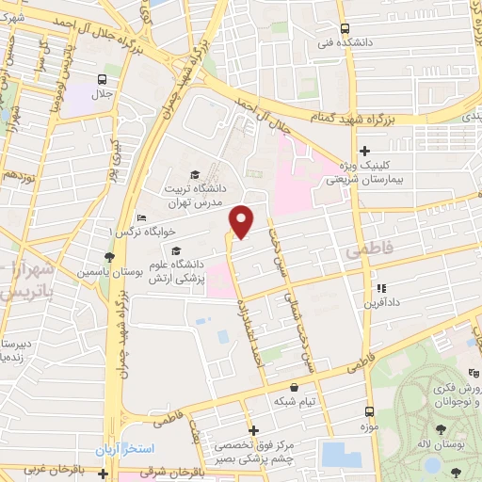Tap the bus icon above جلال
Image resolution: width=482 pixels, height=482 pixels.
102,79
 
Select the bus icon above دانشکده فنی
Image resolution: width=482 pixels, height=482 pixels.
345,28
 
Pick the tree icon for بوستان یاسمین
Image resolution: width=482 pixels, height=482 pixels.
111,256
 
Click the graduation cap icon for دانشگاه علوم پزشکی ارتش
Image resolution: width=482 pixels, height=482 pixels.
175,249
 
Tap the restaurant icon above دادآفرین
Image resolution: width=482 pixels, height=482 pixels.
380,289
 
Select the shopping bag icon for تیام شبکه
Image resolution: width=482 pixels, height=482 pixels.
295,386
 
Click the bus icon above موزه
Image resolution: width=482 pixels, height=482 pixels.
369,411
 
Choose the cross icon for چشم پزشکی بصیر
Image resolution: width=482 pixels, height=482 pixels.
252,430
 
